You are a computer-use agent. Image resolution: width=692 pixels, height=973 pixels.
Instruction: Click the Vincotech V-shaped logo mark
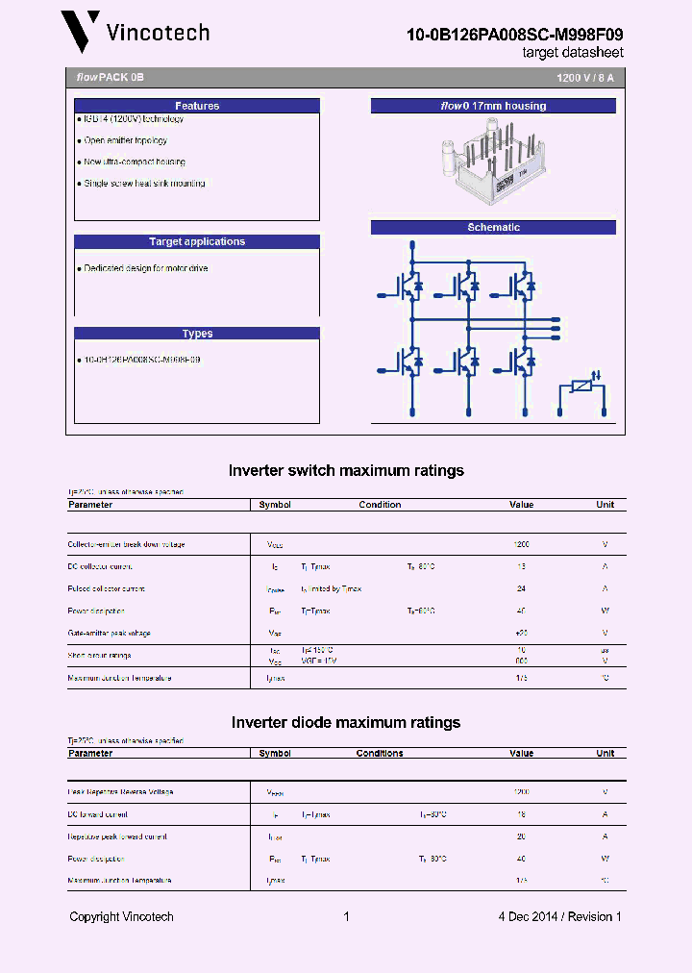80,31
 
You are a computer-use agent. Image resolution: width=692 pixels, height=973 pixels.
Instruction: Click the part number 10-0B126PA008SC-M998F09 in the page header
514,34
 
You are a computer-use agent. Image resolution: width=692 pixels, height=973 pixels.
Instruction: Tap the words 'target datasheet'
573,53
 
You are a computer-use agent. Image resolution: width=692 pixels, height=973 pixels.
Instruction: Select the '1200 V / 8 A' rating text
584,76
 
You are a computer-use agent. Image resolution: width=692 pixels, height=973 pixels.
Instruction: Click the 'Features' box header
197,106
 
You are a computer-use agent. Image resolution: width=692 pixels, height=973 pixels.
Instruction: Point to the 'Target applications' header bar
197,241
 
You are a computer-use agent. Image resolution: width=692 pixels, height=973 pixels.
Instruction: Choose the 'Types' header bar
197,334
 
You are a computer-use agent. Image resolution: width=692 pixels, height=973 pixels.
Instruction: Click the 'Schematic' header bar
493,227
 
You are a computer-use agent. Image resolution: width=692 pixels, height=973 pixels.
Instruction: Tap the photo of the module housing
492,160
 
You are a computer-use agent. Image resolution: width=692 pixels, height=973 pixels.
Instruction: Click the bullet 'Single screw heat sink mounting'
144,183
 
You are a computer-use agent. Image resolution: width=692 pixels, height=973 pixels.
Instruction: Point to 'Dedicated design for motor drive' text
145,268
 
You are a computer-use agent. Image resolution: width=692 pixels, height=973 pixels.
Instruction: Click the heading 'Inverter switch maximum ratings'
346,470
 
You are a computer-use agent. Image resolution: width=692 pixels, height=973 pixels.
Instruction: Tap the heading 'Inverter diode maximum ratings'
346,722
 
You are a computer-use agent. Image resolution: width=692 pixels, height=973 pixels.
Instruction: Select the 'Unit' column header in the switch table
605,505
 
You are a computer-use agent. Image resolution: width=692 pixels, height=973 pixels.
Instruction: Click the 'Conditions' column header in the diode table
380,754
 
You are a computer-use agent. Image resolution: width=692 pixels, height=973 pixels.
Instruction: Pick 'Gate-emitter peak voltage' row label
110,633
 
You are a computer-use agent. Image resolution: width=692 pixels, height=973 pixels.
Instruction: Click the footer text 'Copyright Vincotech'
121,916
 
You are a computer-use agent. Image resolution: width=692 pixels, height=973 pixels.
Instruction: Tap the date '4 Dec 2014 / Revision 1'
559,916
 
